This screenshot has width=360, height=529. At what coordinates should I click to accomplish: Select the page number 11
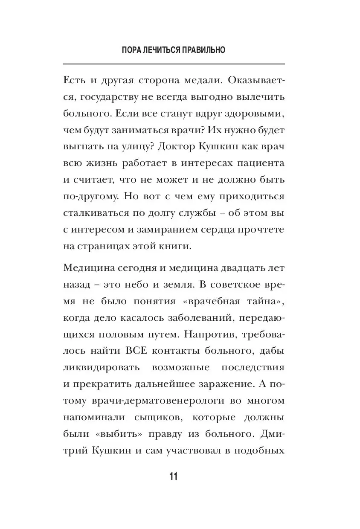(x=174, y=477)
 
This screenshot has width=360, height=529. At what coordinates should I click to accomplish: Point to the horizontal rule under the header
(x=174, y=64)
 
